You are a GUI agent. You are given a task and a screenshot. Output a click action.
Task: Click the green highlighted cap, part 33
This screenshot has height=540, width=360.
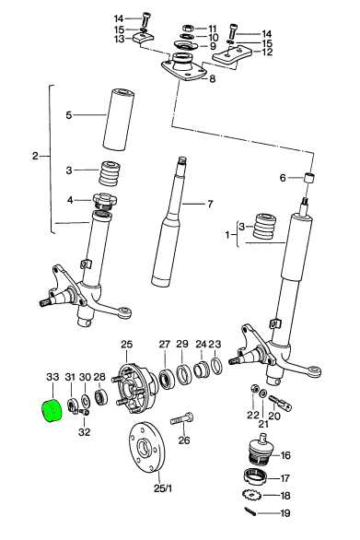pos(52,410)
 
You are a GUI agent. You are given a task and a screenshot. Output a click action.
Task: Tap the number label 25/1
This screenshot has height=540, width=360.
pos(163,488)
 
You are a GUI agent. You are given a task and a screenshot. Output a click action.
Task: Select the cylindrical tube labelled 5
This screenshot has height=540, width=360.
pos(119,120)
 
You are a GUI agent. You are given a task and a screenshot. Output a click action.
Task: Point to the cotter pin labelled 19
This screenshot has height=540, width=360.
pos(251,511)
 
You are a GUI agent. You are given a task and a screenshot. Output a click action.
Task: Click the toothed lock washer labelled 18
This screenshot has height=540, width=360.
pos(251,495)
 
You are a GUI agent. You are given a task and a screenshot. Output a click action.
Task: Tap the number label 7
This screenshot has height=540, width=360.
pos(210,204)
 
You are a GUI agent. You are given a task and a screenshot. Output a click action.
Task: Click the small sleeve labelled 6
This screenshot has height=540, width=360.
pos(309,178)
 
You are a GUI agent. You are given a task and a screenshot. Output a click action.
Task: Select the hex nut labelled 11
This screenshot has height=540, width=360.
pos(188,28)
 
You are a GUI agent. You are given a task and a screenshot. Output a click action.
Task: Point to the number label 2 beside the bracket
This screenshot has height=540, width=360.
pos(35,156)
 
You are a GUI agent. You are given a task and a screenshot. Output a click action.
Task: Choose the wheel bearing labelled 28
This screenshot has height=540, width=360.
pos(101,397)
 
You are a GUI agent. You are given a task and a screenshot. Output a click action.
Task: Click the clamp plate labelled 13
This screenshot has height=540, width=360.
pos(144,39)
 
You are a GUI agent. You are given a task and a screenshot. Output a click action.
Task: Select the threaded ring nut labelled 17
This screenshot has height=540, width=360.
pos(256,477)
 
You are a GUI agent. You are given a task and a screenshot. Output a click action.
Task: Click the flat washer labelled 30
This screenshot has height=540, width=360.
pos(85,401)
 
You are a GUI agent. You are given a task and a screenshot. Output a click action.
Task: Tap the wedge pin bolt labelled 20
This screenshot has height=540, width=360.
pos(280,403)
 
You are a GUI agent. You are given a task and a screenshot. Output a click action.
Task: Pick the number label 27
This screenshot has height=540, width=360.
pos(165,344)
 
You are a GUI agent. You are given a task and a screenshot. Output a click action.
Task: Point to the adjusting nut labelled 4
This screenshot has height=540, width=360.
pos(105,201)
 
